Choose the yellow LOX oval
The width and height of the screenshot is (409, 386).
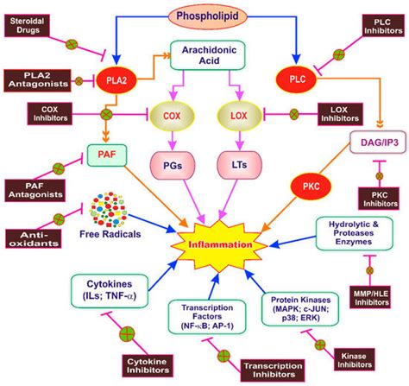click(242, 114)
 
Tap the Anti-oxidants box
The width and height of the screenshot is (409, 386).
click(33, 237)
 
